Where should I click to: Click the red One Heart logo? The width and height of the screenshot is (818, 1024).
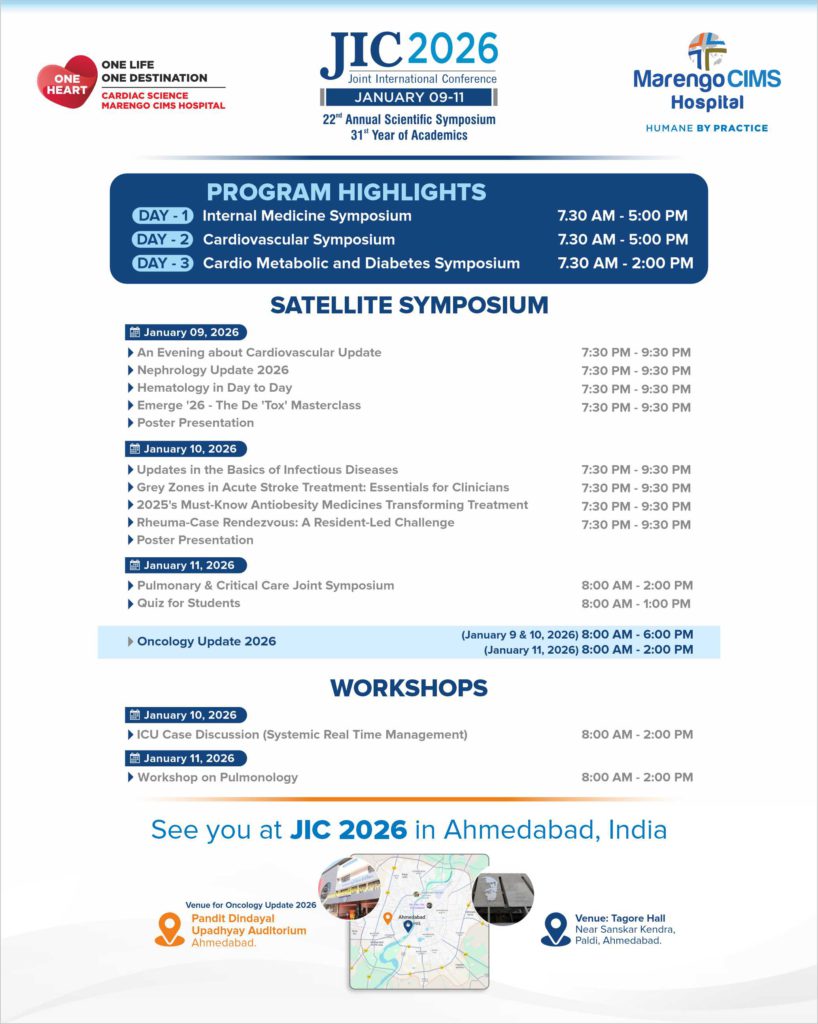point(67,82)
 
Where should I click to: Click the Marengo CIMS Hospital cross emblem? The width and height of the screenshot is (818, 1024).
point(707,50)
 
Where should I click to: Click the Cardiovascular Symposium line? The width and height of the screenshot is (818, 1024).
point(298,239)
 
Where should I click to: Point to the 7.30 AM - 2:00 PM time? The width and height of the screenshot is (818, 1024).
point(624,263)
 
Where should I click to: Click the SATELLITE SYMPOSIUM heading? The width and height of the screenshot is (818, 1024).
point(409,305)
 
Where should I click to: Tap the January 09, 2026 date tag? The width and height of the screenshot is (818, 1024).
point(186,332)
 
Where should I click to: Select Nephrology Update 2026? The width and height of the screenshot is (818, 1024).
point(212,370)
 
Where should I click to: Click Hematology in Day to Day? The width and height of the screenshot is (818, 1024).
point(214,388)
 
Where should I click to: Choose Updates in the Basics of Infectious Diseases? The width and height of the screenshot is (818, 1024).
point(267,469)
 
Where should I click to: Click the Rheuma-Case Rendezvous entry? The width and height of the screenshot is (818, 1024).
point(295,523)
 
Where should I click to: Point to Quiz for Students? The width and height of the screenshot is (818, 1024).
point(188,603)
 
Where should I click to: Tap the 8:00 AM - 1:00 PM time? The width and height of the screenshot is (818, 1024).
point(636,604)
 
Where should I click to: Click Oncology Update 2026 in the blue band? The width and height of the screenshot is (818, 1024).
point(206,641)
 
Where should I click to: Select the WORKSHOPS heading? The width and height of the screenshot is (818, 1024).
point(409,688)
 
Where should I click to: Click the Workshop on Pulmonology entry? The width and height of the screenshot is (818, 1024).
point(217,777)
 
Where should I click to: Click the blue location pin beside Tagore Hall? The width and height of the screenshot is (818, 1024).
point(555,929)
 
